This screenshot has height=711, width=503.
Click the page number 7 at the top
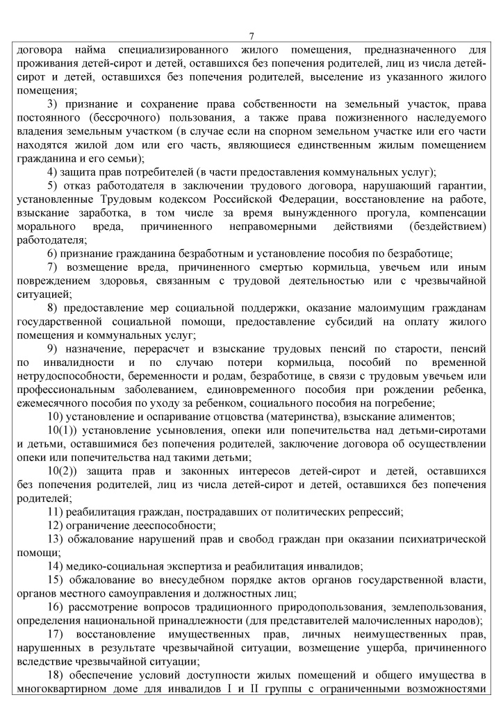pyautogui.click(x=251, y=37)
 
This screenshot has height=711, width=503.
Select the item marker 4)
pyautogui.click(x=53, y=171)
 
